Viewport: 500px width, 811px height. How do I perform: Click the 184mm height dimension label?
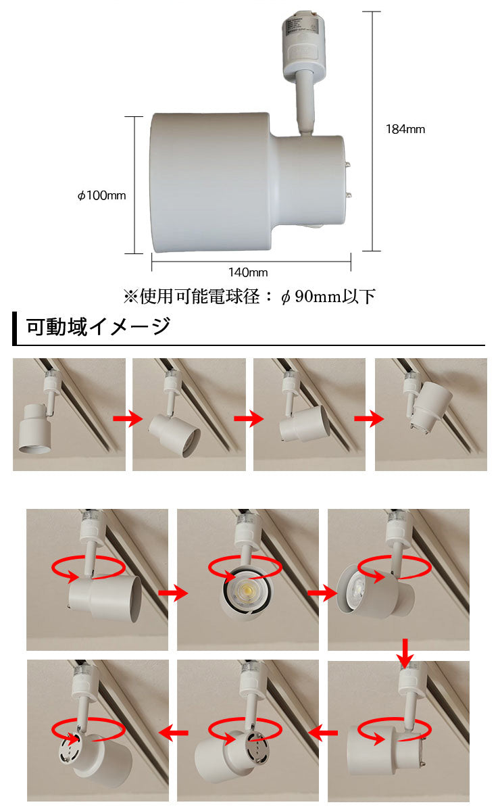click(405, 129)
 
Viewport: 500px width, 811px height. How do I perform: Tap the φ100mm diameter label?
click(102, 195)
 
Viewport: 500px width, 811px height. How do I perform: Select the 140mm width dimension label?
click(248, 272)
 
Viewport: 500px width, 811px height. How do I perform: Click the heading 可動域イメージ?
click(99, 327)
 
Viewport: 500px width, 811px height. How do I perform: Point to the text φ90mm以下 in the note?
click(328, 297)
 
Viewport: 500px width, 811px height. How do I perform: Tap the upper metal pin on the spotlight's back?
click(349, 165)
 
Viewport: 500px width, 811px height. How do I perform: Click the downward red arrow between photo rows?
click(405, 654)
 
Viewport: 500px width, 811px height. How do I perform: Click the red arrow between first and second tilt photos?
click(128, 418)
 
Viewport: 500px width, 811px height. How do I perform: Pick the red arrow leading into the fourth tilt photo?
click(369, 418)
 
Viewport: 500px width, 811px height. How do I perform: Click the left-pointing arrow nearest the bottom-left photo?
click(173, 733)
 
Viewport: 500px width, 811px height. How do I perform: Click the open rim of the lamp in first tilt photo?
click(34, 449)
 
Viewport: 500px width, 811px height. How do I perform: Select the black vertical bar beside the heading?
click(14, 328)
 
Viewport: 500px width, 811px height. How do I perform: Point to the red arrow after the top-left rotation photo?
click(173, 593)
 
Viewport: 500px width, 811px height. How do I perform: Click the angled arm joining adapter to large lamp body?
click(305, 103)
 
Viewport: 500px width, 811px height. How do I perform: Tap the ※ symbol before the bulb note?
click(130, 297)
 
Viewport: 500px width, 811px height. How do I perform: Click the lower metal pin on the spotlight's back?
click(349, 196)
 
